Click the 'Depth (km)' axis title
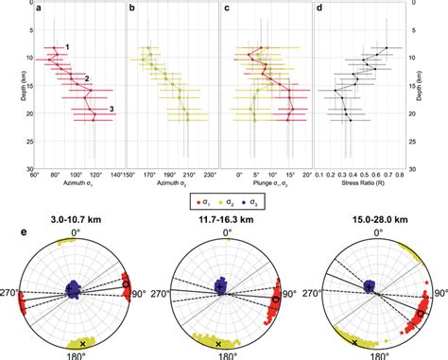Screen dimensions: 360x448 (9, 91)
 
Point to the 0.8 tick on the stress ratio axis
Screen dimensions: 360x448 (404, 175)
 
